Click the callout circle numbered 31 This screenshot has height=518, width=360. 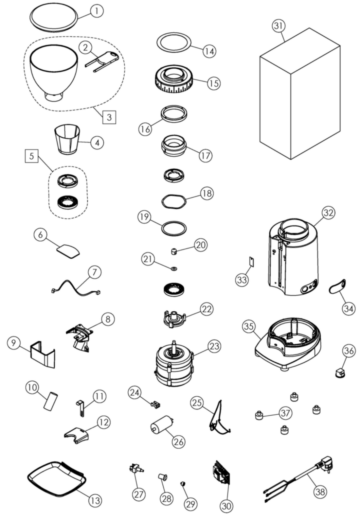pos(279,26)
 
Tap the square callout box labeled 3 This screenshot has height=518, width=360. pos(109,117)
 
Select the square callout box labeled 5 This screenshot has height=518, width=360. pos(31,156)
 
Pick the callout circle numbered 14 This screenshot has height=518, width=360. pos(209,51)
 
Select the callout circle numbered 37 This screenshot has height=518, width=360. pos(285,413)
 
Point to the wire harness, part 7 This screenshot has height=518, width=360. pos(75,286)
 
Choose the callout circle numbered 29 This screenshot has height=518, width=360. pos(190,504)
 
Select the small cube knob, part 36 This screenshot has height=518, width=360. pos(340,372)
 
